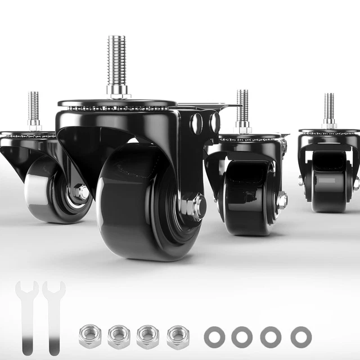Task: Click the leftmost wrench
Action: (x=26, y=315)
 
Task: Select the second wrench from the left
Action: (x=53, y=315)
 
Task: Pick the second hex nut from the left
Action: (x=119, y=336)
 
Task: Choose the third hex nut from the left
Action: (x=148, y=336)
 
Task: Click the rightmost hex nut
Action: (x=178, y=336)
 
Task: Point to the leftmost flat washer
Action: (x=214, y=336)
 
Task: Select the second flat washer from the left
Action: (x=242, y=336)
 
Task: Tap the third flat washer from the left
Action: (x=271, y=336)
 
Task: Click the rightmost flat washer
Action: (x=301, y=336)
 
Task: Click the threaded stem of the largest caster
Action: (x=117, y=62)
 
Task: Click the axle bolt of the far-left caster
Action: (x=81, y=192)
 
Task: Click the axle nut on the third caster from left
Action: (x=281, y=200)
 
